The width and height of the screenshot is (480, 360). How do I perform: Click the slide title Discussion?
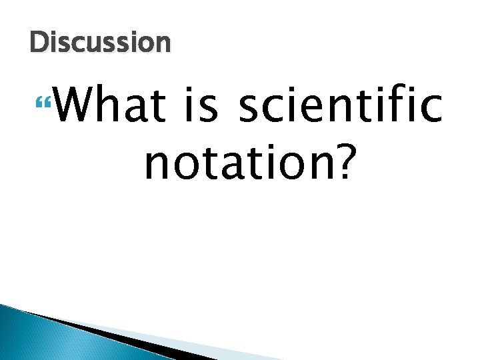click(x=100, y=43)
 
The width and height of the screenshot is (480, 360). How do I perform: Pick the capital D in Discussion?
click(x=39, y=43)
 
